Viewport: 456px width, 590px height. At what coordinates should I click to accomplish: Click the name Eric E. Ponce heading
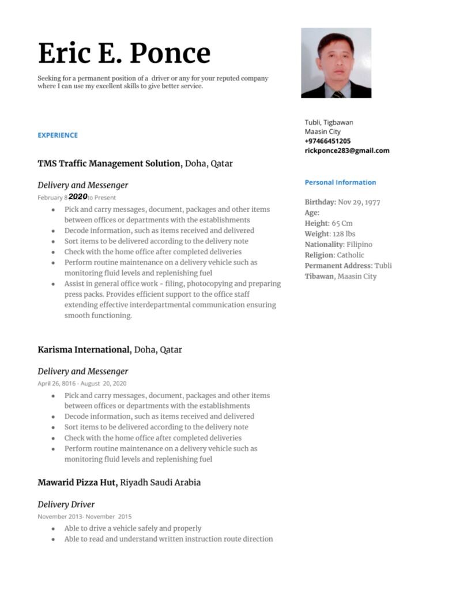coord(124,53)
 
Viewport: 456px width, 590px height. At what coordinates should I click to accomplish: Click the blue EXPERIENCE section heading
coord(58,135)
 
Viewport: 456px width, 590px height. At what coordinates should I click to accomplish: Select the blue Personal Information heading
coord(340,183)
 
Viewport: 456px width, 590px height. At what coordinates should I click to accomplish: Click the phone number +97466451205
coord(327,141)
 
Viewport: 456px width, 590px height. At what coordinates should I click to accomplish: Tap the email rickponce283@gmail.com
coord(347,151)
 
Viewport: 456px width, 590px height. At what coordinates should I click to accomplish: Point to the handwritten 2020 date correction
coord(78,196)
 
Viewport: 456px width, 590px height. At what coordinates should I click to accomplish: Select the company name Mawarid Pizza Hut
coord(77,483)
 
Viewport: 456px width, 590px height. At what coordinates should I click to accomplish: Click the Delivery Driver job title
coord(66,505)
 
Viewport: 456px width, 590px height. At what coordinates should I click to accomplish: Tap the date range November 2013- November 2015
coord(84,516)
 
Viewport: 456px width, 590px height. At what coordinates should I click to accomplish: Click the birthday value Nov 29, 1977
coord(359,202)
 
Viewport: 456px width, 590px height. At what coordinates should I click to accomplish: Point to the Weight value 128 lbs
coord(343,234)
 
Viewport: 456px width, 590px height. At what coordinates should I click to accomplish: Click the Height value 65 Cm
coord(342,224)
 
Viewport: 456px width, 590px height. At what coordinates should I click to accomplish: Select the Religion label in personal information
coord(319,255)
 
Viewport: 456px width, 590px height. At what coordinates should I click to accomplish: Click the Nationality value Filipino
coord(360,245)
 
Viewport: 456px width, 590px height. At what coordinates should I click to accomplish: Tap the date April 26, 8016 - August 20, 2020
coord(82,383)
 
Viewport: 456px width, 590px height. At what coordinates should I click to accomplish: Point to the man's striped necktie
coord(338,93)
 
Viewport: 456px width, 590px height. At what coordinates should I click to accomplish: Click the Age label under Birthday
coord(312,213)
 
